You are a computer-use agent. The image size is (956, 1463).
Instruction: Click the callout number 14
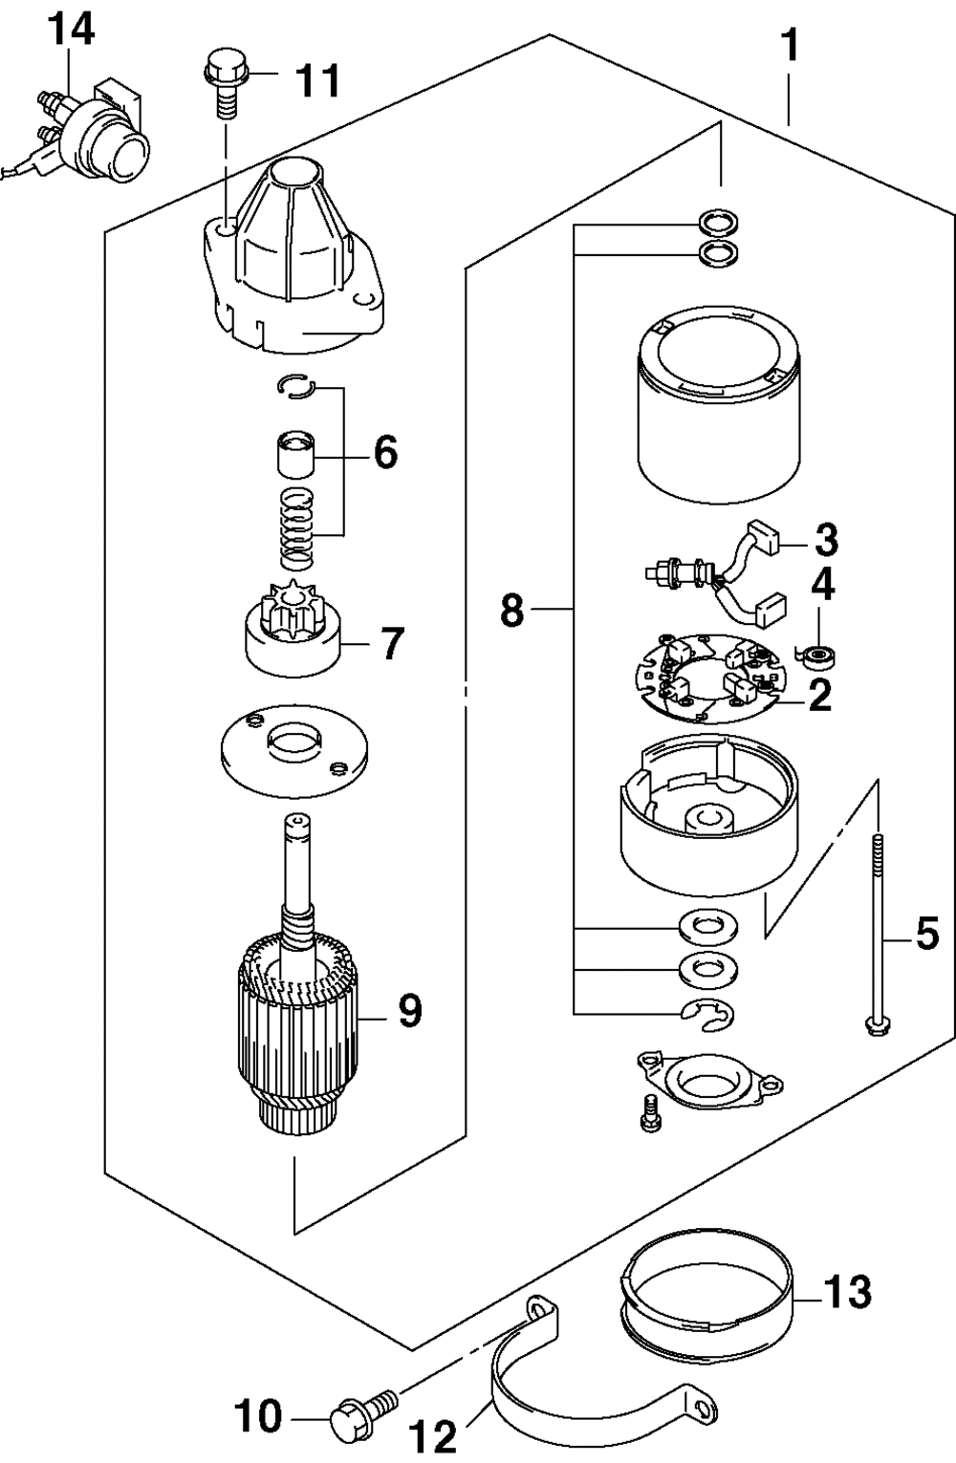[72, 32]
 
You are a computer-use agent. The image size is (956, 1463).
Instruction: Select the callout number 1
[790, 45]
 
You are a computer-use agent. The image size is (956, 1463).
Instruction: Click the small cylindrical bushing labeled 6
[296, 454]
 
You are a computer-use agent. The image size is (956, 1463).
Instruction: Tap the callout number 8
[511, 611]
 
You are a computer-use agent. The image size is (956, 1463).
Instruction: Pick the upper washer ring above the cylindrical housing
[720, 222]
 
